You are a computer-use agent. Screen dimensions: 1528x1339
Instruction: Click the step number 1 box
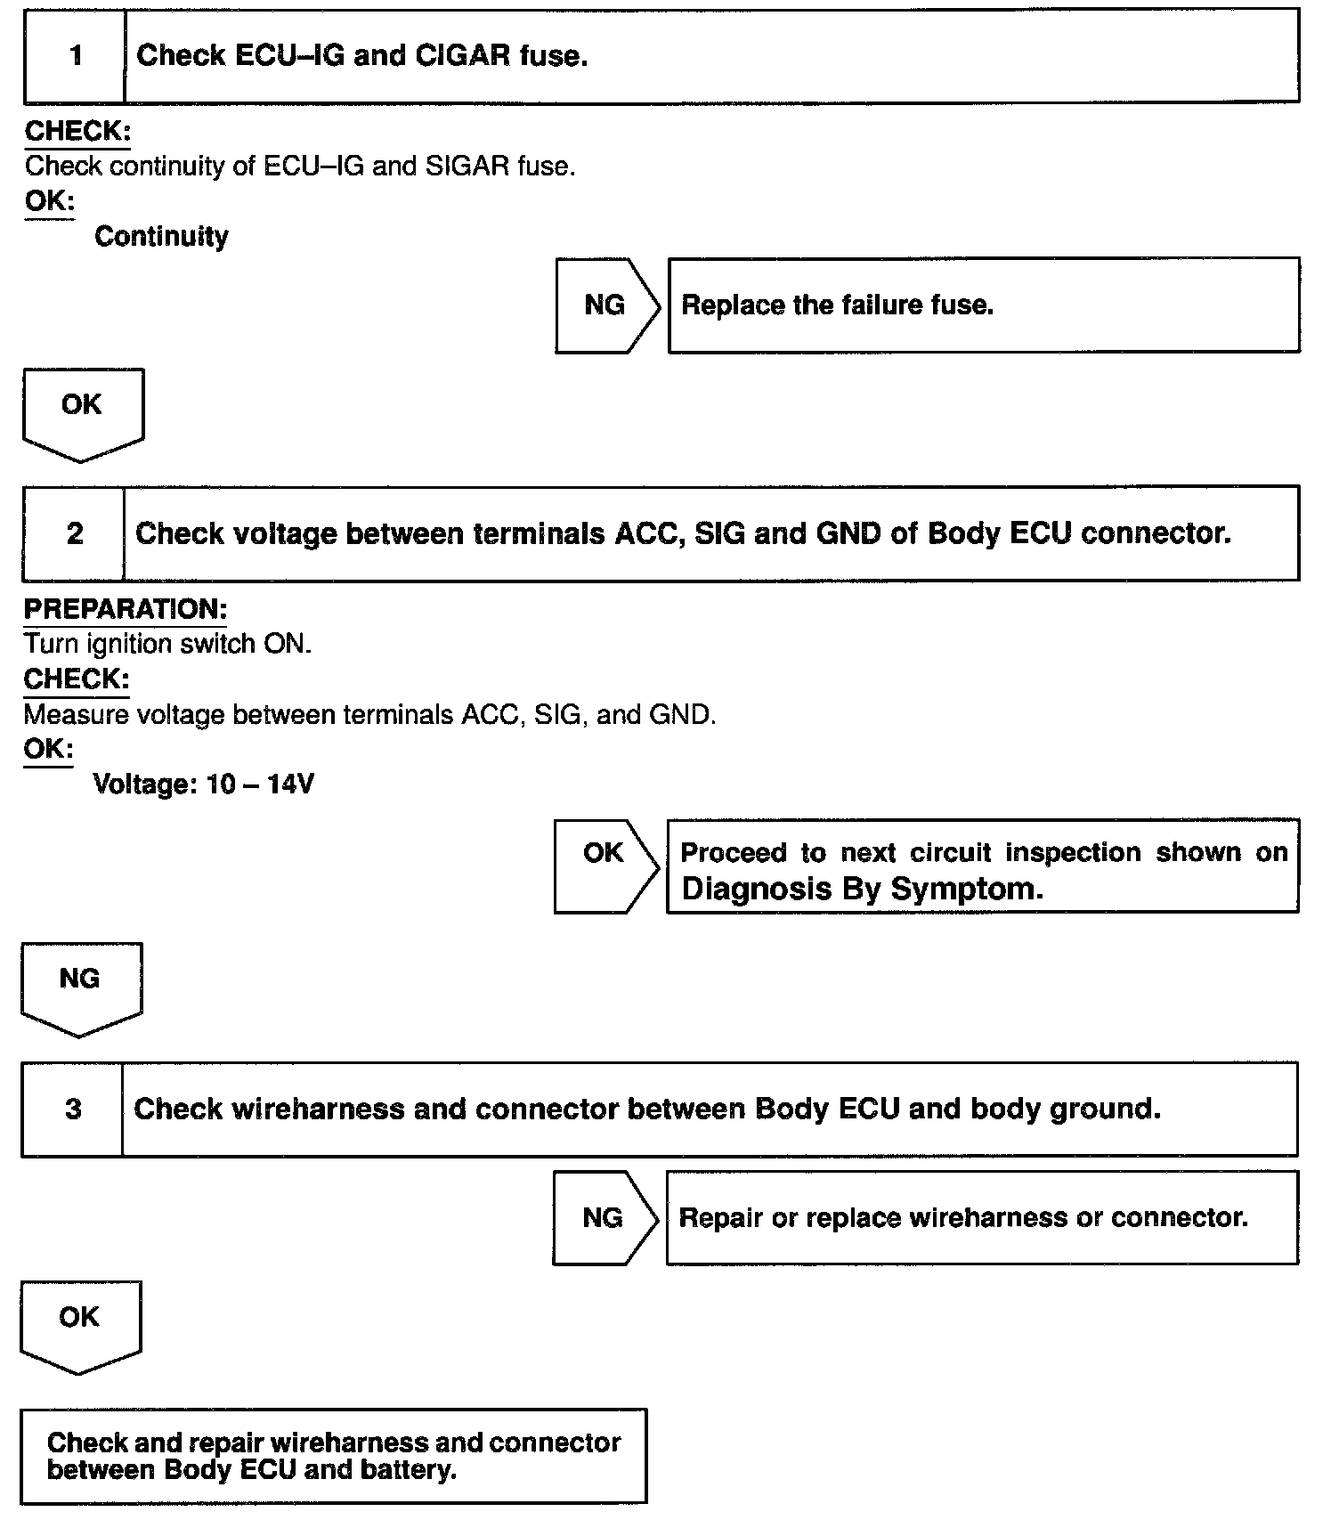[x=75, y=56]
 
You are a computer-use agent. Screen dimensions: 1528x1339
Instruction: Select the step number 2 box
[x=74, y=533]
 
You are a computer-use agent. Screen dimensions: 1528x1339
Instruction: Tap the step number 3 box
[x=73, y=1109]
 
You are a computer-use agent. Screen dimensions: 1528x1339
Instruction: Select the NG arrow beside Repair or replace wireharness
[x=605, y=1217]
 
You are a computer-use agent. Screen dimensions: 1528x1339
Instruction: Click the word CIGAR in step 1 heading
[x=462, y=56]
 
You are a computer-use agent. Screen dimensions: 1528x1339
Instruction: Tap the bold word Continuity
[x=161, y=237]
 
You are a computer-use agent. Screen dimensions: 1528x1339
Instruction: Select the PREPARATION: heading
[x=125, y=609]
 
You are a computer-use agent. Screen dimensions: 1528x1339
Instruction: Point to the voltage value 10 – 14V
[x=260, y=784]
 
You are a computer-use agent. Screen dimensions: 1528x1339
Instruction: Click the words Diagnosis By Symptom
[x=861, y=889]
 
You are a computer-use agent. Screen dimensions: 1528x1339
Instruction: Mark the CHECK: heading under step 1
[x=77, y=132]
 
